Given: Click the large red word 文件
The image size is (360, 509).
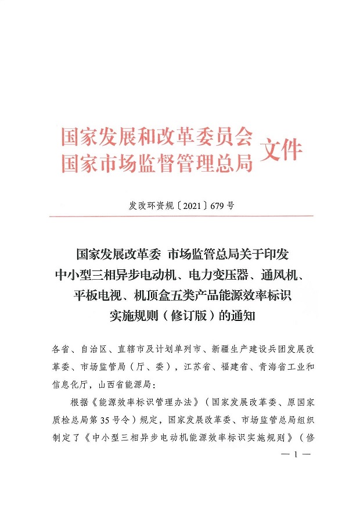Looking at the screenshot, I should coord(283,150).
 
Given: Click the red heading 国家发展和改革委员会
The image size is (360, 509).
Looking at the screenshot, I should coord(157,137).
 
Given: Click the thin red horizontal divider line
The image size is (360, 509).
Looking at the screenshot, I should coord(181,216).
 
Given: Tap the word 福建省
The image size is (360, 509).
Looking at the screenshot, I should coord(242,367).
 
